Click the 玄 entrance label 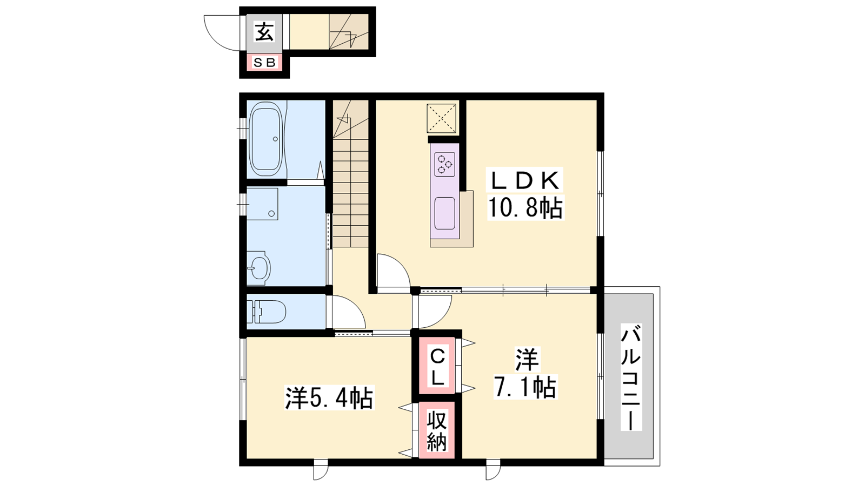264,32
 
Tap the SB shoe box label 264,63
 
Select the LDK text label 525,180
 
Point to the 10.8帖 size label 525,207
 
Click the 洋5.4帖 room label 329,398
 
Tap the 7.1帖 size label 525,387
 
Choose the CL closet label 437,367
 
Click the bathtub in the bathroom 265,139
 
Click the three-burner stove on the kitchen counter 445,164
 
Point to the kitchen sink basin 445,213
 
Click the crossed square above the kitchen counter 441,119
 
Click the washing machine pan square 262,204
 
